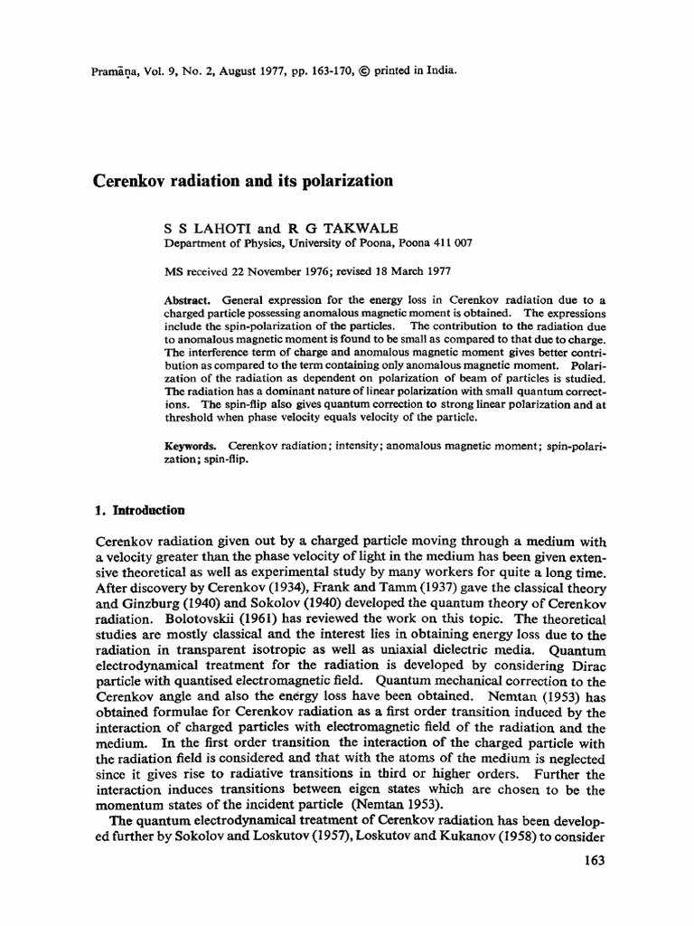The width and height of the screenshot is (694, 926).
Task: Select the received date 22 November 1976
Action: (280, 270)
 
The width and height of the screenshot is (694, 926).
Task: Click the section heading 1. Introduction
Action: (140, 510)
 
